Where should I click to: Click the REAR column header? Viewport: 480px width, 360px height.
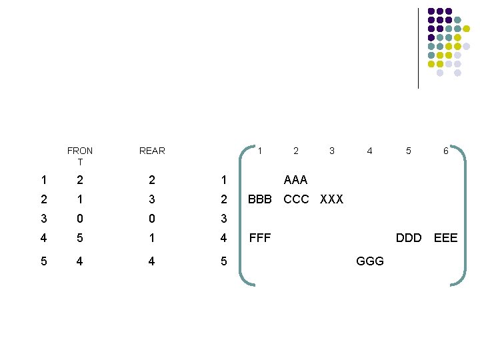152,151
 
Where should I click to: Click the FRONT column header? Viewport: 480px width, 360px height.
80,156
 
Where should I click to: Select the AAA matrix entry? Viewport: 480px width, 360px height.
295,180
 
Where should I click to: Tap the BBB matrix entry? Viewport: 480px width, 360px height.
259,199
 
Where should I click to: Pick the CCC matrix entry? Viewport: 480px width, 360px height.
296,199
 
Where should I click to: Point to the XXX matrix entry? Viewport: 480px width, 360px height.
332,199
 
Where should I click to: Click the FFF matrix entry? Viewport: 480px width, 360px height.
259,237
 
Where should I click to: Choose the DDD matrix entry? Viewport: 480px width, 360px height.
409,237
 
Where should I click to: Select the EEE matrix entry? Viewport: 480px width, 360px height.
445,237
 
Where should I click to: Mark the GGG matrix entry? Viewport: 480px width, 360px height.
370,261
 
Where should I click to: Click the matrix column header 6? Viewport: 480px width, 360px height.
445,151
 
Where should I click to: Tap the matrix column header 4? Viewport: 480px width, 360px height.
370,151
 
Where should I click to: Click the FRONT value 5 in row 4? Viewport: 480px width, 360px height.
80,237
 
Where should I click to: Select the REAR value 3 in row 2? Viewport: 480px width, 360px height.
152,199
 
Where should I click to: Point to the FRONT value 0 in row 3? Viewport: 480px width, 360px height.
80,219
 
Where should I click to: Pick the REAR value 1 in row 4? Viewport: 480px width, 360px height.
152,237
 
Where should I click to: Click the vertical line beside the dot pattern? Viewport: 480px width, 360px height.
418,48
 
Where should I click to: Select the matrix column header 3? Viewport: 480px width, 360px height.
332,151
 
